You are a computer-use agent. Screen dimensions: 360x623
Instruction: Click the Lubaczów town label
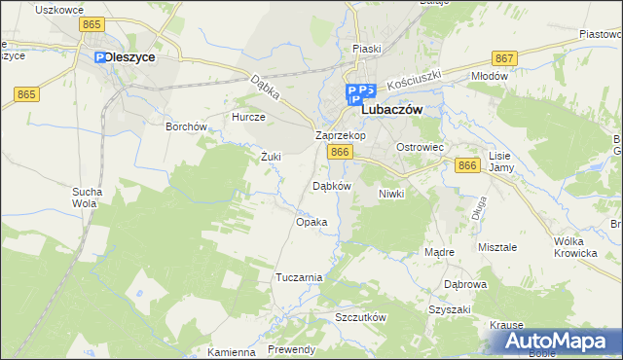pos(391,111)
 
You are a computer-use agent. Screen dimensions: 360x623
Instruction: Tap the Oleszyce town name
pos(130,57)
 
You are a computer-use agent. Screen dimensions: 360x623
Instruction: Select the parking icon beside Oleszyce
pos(100,58)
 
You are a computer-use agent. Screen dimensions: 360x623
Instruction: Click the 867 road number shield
pos(504,59)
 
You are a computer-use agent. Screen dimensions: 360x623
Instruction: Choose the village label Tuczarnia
pos(299,277)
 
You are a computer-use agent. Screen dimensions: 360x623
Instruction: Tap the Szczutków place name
pos(361,318)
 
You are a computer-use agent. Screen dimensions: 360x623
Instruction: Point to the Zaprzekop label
pos(340,135)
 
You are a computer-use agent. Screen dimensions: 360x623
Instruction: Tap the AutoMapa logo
pos(558,342)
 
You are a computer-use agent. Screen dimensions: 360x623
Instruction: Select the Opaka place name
pos(311,222)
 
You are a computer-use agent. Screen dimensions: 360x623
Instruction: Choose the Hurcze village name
pos(247,116)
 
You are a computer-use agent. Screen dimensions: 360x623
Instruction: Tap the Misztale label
pos(497,248)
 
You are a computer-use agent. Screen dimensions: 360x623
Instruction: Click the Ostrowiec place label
pos(420,146)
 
